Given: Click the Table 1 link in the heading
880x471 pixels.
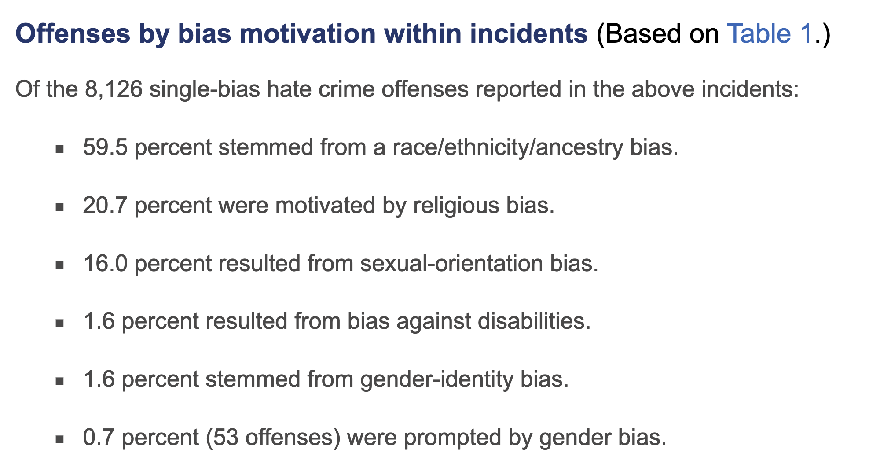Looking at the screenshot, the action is click(x=769, y=33).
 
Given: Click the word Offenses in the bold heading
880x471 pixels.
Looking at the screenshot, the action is click(x=73, y=33).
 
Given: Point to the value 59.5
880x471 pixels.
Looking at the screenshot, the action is click(x=105, y=147).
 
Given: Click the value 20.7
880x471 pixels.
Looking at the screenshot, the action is click(x=105, y=206).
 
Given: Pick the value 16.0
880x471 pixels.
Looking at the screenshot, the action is click(x=105, y=264).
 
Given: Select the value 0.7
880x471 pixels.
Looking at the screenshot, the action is click(x=99, y=438).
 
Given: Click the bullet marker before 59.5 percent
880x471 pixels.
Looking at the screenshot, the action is click(x=60, y=149).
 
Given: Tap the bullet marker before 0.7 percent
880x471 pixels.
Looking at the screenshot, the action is click(x=60, y=439).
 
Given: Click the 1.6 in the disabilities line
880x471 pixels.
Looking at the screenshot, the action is click(x=99, y=322).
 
